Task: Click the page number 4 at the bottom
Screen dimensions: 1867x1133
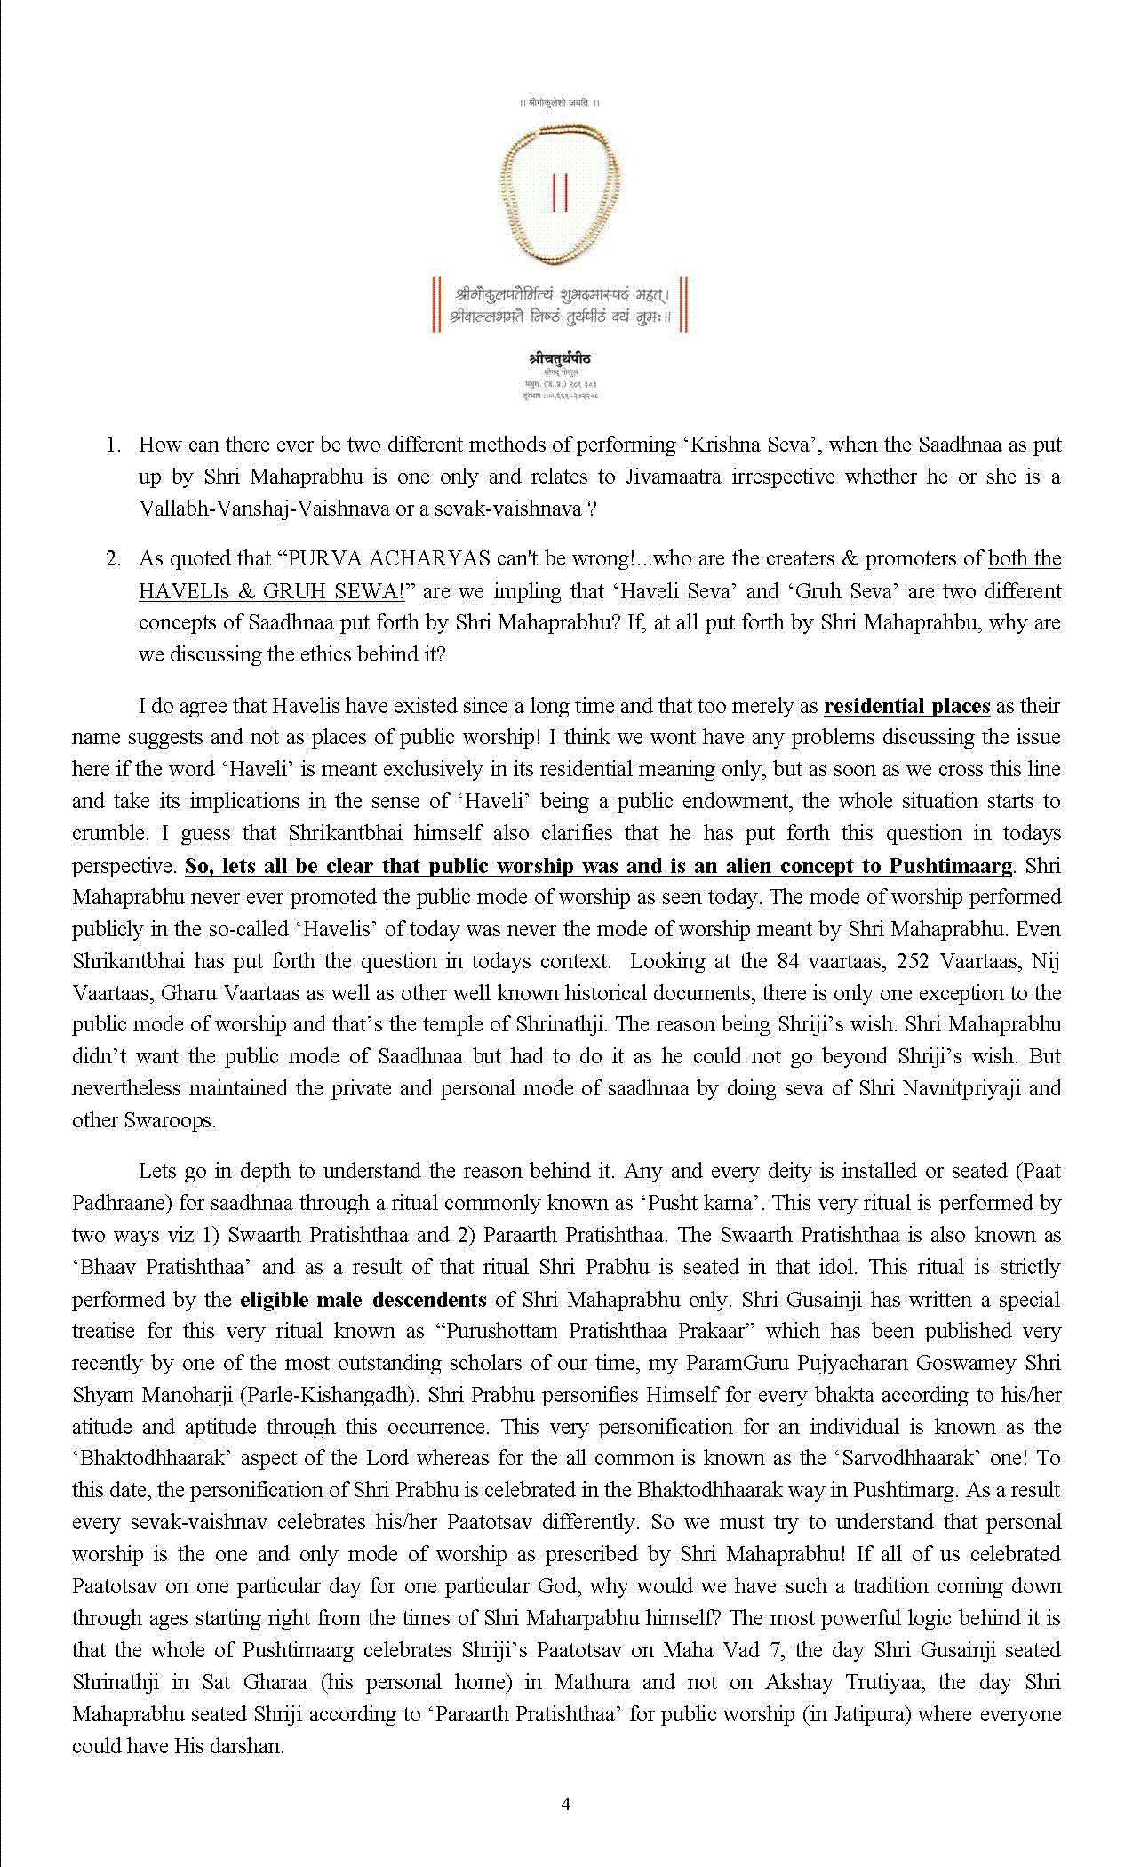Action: [566, 1804]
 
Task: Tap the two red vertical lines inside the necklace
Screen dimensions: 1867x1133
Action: [560, 194]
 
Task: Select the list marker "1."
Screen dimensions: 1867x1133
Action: [113, 445]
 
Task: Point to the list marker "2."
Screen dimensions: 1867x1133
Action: [113, 558]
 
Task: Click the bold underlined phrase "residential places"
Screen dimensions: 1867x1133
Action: [906, 706]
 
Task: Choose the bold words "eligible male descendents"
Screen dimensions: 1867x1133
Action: [363, 1299]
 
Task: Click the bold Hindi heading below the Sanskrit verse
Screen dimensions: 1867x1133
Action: [560, 358]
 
